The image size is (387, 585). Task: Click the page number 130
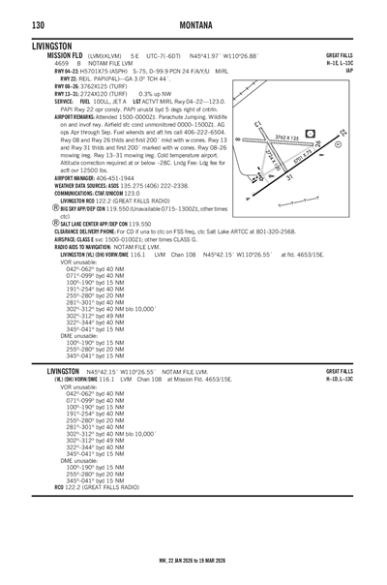pyautogui.click(x=36, y=22)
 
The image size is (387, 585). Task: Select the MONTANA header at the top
pyautogui.click(x=193, y=22)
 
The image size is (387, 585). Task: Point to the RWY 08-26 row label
pyautogui.click(x=69, y=85)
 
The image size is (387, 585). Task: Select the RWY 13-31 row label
pyautogui.click(x=69, y=93)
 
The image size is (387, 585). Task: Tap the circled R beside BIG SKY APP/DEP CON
pyautogui.click(x=55, y=208)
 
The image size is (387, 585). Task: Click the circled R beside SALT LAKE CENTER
pyautogui.click(x=57, y=224)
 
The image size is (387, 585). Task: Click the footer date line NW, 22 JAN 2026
pyautogui.click(x=193, y=559)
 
